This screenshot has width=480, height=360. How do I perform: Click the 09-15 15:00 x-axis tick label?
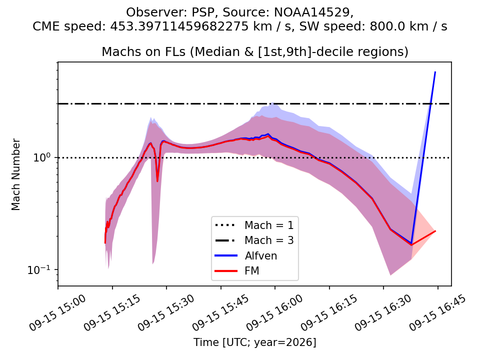click(x=58, y=312)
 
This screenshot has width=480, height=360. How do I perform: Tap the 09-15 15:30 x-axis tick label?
click(x=166, y=312)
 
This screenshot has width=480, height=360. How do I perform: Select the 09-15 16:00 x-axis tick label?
click(x=275, y=312)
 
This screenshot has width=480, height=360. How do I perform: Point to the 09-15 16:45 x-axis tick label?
click(x=438, y=312)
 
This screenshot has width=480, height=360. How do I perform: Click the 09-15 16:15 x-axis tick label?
click(x=329, y=312)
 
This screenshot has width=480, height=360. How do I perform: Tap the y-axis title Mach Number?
click(x=16, y=174)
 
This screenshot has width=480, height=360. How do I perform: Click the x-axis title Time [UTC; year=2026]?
click(x=254, y=342)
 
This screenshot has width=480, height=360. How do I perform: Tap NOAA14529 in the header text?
click(x=312, y=12)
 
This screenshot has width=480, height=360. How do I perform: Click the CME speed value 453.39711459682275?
click(x=179, y=26)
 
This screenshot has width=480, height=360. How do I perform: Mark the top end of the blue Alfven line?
click(x=435, y=72)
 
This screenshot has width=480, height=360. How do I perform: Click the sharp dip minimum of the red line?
click(x=157, y=181)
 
